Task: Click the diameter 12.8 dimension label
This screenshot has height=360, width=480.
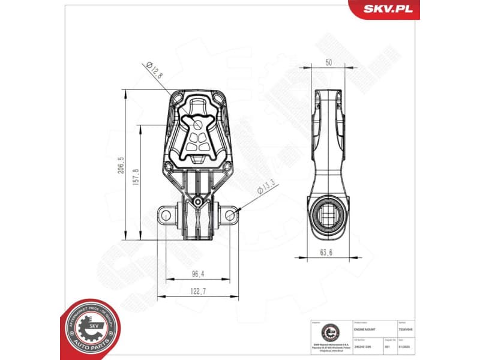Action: (x=155, y=70)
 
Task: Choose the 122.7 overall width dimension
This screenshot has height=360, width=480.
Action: (x=199, y=291)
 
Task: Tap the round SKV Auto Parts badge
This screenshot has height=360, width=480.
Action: (x=91, y=328)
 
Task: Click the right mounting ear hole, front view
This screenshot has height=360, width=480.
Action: (x=230, y=213)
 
